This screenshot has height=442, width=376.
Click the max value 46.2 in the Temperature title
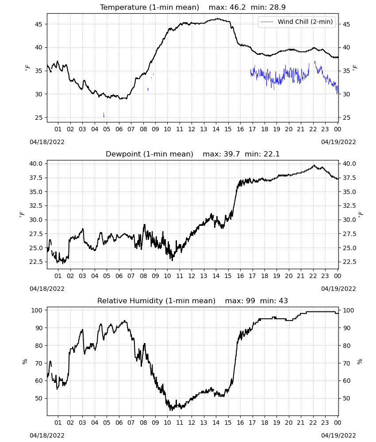(238, 8)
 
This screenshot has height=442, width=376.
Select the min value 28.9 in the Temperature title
(277, 8)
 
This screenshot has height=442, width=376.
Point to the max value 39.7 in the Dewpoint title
(232, 154)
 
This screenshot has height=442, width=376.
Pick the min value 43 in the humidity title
(283, 301)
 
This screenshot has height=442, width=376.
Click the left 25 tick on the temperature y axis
(38, 118)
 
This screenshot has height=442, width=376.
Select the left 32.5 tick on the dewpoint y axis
(36, 206)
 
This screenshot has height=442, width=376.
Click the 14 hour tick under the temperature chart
(216, 129)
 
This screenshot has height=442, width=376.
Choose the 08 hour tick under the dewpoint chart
(143, 276)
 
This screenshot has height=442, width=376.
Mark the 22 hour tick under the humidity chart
(313, 423)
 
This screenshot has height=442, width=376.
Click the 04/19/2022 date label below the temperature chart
(338, 142)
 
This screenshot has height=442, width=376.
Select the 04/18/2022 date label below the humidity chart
(47, 435)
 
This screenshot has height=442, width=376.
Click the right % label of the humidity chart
(360, 362)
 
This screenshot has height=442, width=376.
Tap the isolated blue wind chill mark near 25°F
(104, 115)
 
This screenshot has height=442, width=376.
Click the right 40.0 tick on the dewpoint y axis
(349, 164)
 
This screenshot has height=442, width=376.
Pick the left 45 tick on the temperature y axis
(38, 24)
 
